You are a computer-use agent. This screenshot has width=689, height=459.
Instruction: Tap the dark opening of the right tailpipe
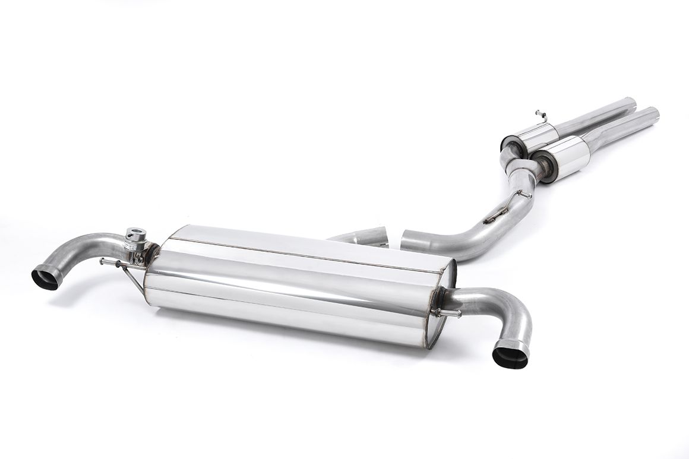(510, 356)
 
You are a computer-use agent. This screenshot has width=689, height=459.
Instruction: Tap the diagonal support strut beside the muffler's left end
(133, 279)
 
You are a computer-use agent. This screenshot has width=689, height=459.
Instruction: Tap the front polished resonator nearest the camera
(561, 156)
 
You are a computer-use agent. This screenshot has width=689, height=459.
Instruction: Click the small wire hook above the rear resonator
(540, 113)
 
